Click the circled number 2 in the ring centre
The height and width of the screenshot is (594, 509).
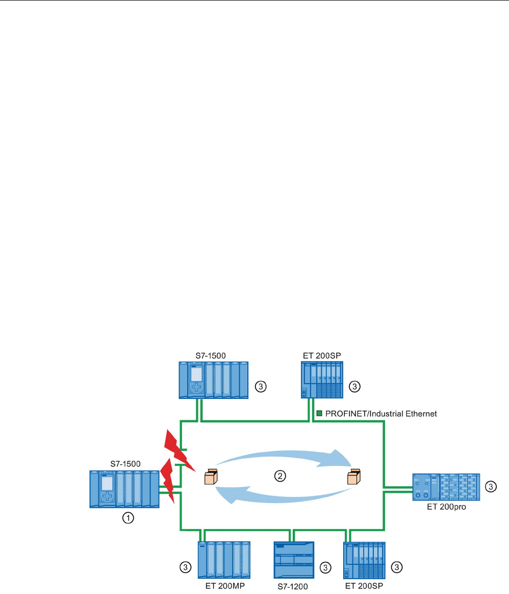tap(279, 476)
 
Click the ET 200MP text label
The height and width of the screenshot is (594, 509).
tap(223, 586)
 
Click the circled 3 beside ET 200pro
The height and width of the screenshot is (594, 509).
tap(490, 487)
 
